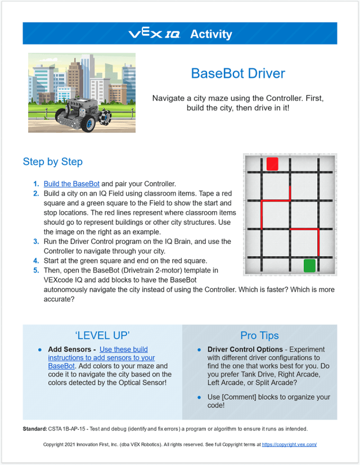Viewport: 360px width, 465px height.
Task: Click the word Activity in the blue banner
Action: [x=211, y=34]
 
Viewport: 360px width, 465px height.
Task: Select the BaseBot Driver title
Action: [x=238, y=73]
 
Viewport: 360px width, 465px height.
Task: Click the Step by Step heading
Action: [x=53, y=162]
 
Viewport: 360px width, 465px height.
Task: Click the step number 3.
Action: [x=35, y=242]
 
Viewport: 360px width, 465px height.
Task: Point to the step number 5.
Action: [x=35, y=271]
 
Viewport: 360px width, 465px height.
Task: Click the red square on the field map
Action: [x=272, y=164]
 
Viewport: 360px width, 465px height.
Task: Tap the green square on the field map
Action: [x=309, y=265]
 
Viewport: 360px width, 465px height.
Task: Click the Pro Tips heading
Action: [x=259, y=335]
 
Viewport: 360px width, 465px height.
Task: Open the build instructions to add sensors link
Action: [x=101, y=357]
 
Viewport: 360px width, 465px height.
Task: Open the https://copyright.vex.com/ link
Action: [x=289, y=444]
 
